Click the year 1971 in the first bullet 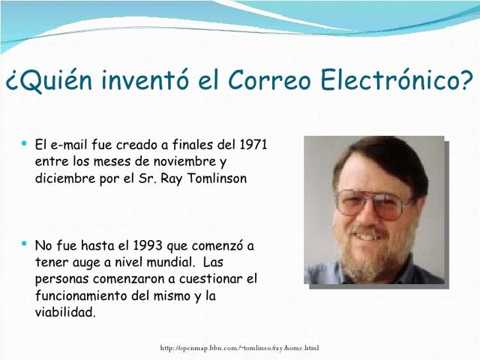pyautogui.click(x=253, y=144)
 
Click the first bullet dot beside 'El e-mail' pyautogui.click(x=25, y=142)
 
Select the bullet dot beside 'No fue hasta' pyautogui.click(x=25, y=244)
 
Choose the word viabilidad pyautogui.click(x=65, y=313)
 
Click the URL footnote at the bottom pyautogui.click(x=240, y=348)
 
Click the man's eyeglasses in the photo pyautogui.click(x=373, y=202)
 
